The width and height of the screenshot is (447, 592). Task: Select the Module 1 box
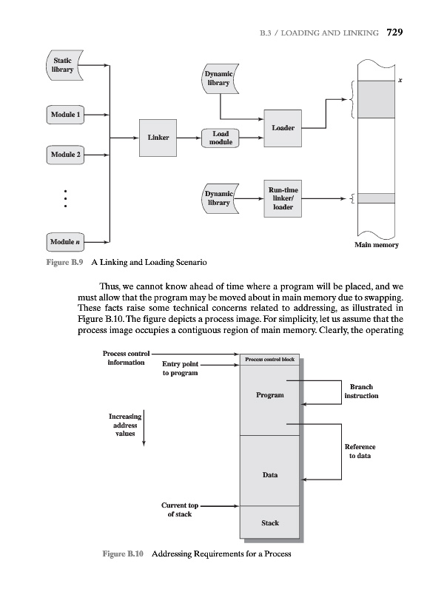click(x=65, y=115)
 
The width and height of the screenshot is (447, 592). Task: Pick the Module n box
click(x=65, y=242)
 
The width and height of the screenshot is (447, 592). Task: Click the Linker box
click(x=158, y=137)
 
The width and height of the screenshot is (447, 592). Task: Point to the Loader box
click(x=283, y=128)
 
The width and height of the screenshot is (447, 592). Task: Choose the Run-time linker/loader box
click(x=283, y=198)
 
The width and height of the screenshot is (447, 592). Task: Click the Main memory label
click(x=377, y=245)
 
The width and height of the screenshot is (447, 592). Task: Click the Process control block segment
click(x=270, y=360)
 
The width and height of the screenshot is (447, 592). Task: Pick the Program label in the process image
click(x=270, y=396)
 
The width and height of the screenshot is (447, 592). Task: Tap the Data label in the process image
click(x=270, y=474)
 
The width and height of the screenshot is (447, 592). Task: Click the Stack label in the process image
click(x=270, y=523)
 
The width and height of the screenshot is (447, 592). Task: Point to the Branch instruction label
click(x=361, y=391)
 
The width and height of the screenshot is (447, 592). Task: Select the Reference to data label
click(x=360, y=451)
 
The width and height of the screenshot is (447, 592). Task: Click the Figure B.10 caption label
click(x=128, y=554)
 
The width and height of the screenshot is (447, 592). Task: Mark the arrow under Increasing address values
click(x=144, y=428)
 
